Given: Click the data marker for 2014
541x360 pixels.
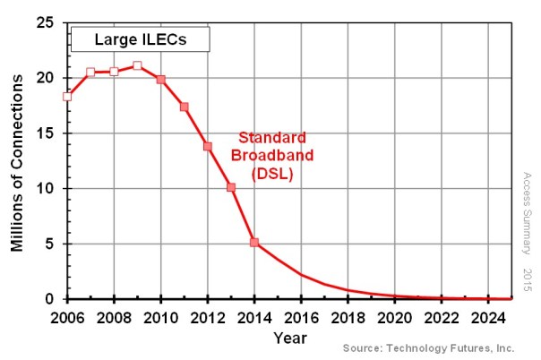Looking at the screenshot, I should (254, 243).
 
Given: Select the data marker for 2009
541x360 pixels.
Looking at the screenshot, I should (137, 65).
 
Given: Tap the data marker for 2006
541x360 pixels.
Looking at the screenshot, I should (67, 97).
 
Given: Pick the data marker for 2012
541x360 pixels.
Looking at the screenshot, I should (208, 146).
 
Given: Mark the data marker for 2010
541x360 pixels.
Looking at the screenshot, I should (161, 80).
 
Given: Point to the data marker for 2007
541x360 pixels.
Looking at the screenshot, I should (90, 72).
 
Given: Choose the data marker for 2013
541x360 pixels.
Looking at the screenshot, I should (231, 187).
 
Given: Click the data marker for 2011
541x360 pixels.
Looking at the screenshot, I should (185, 107).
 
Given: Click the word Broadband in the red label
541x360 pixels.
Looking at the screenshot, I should (272, 157).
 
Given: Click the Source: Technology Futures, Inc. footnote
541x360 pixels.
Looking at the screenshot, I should (428, 347).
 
